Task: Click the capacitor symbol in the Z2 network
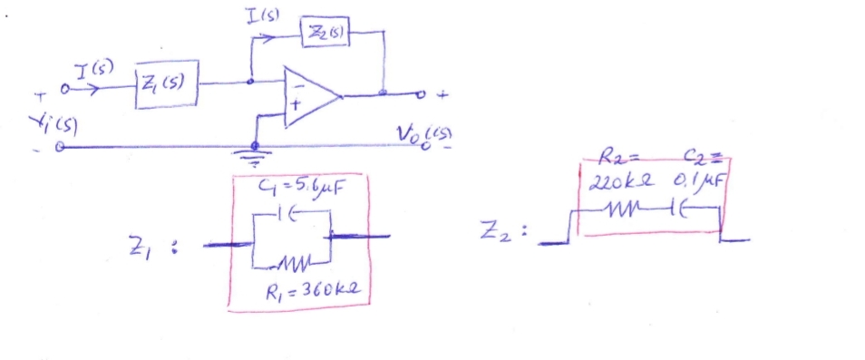(681, 210)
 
